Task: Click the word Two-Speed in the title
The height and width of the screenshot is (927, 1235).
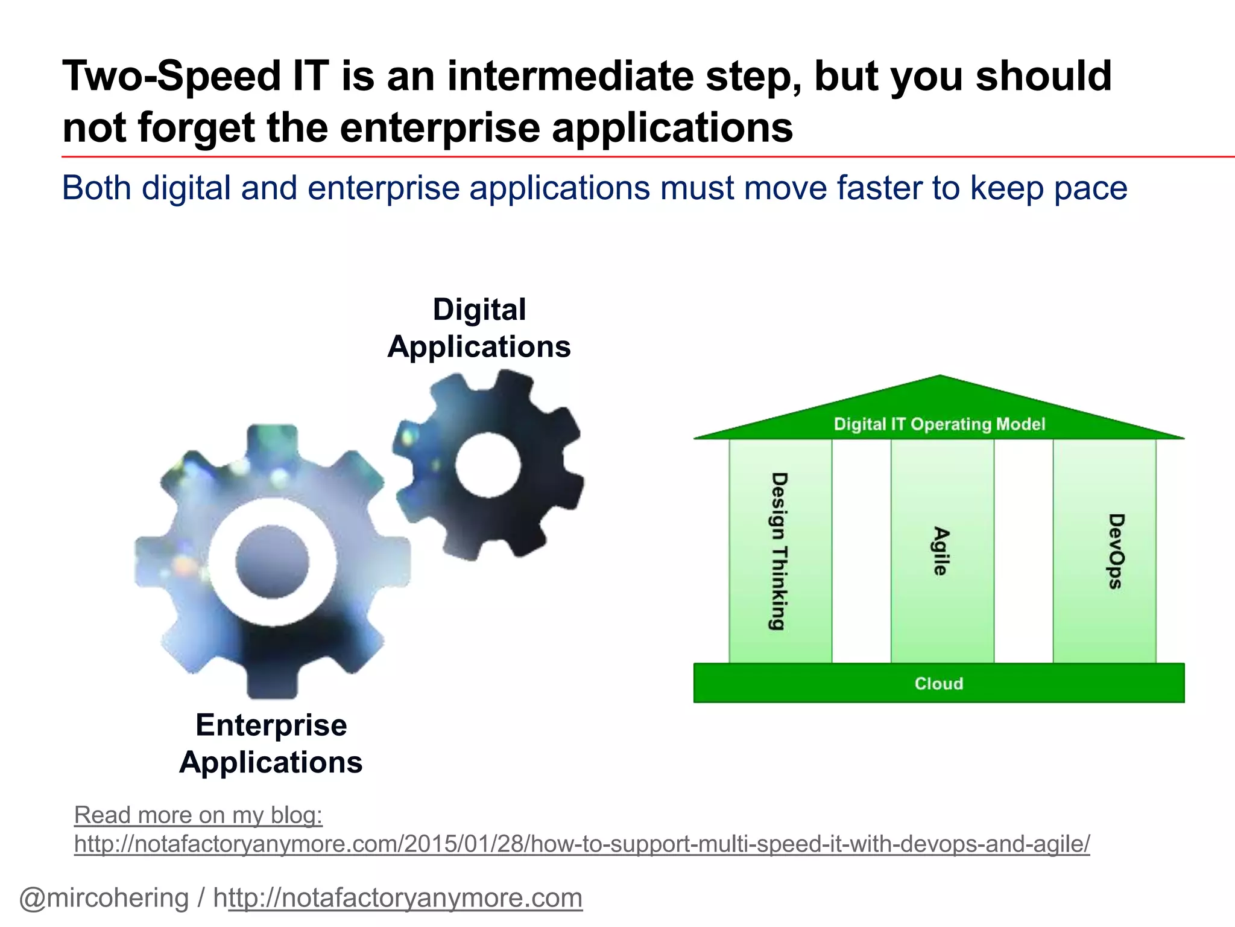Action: (x=172, y=77)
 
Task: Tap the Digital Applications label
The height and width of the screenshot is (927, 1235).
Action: (x=479, y=328)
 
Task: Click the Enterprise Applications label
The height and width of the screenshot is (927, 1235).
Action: (x=271, y=744)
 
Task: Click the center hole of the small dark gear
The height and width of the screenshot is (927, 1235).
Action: (x=487, y=465)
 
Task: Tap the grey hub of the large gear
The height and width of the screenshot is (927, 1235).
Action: (x=272, y=561)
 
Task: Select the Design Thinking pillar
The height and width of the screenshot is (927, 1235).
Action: (x=780, y=551)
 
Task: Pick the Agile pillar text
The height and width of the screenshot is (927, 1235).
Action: (x=941, y=551)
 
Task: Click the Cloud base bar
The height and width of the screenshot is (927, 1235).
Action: (x=938, y=683)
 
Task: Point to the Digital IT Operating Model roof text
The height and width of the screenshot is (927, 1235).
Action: (x=939, y=424)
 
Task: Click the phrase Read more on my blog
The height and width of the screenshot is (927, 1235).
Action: (x=198, y=815)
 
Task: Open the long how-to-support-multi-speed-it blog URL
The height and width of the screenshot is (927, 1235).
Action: (x=581, y=844)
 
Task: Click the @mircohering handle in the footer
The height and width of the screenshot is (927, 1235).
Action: (x=104, y=898)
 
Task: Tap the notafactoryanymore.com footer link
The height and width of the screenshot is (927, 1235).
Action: (x=404, y=898)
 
